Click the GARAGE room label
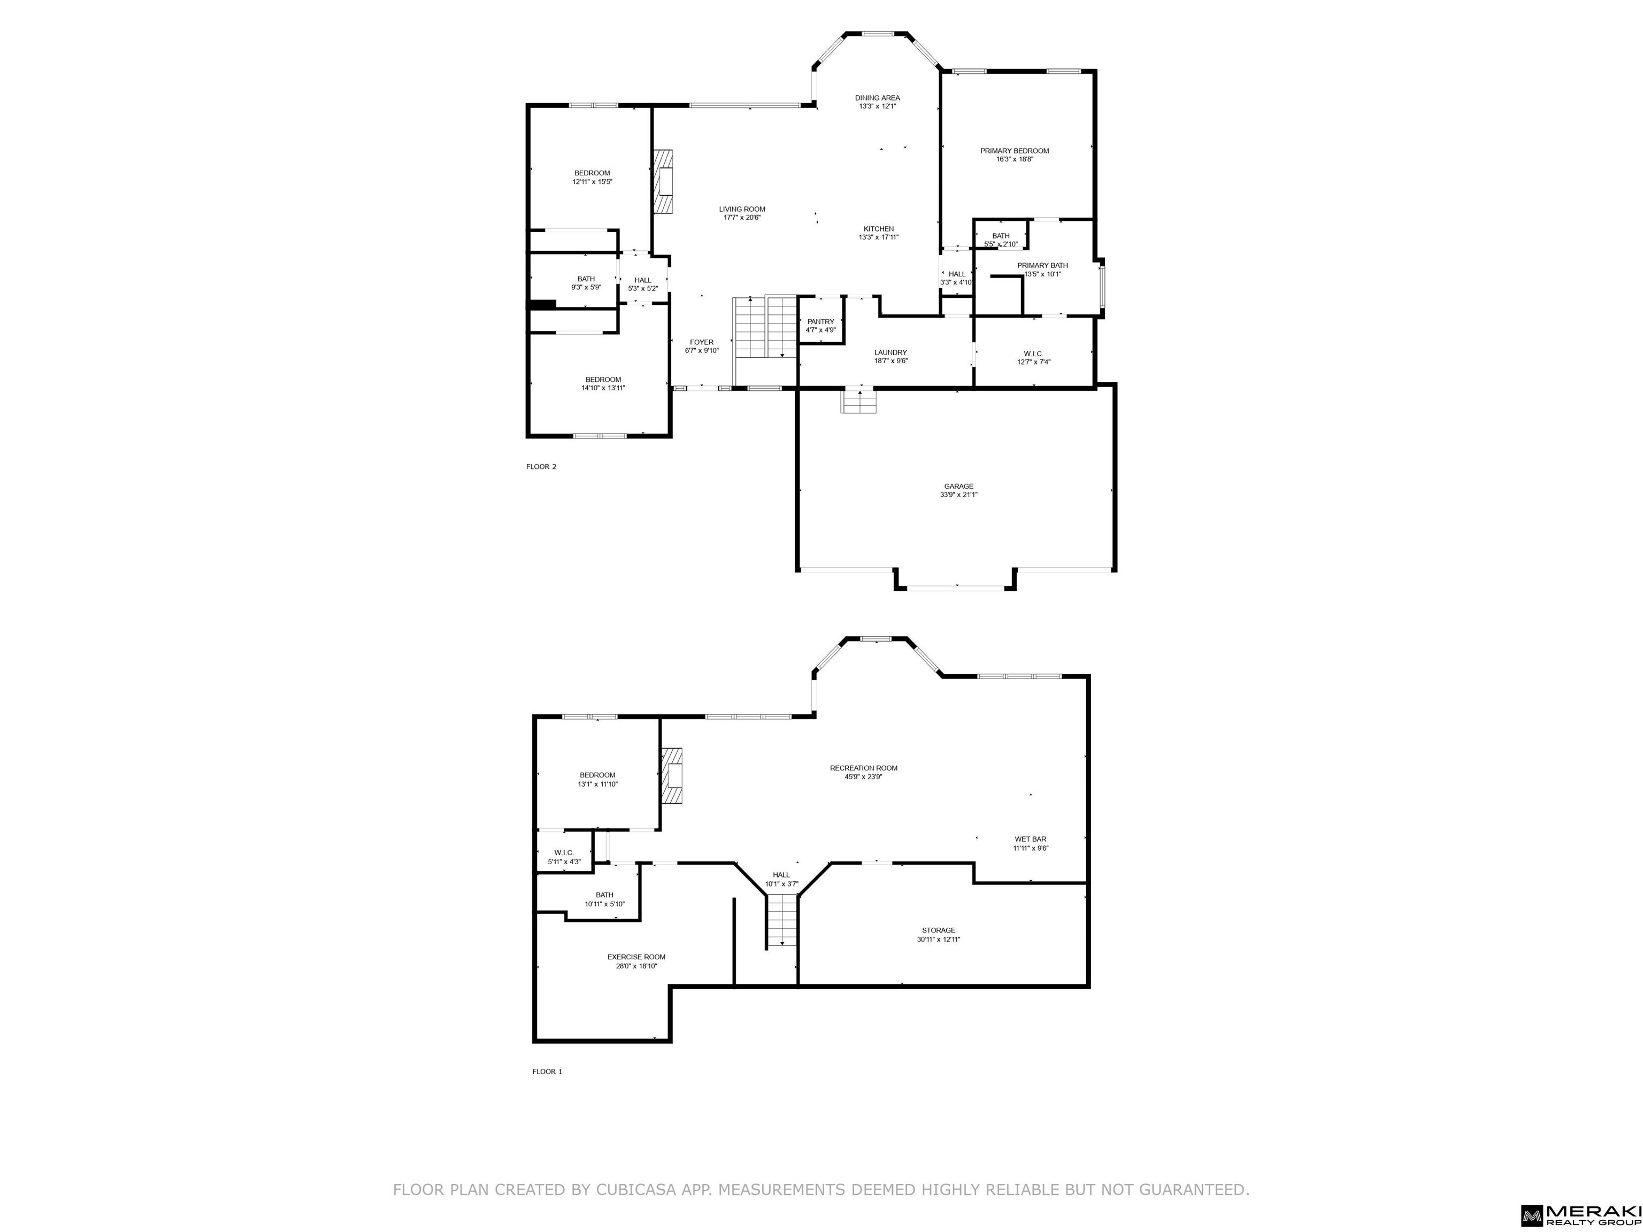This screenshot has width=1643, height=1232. click(x=958, y=487)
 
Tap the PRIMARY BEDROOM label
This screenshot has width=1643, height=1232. click(x=1014, y=151)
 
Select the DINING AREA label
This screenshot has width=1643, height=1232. click(x=877, y=98)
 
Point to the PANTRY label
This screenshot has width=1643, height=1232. click(x=821, y=321)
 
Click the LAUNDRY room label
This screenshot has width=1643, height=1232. click(x=890, y=353)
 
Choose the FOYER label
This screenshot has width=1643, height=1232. click(x=701, y=342)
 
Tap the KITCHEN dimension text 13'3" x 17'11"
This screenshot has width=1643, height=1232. click(x=878, y=237)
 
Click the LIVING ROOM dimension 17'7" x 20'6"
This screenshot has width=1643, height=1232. click(x=741, y=218)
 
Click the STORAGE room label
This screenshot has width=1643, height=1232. click(x=938, y=930)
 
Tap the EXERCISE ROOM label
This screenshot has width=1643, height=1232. click(x=636, y=957)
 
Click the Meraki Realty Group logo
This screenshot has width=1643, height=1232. click(x=1580, y=1214)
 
